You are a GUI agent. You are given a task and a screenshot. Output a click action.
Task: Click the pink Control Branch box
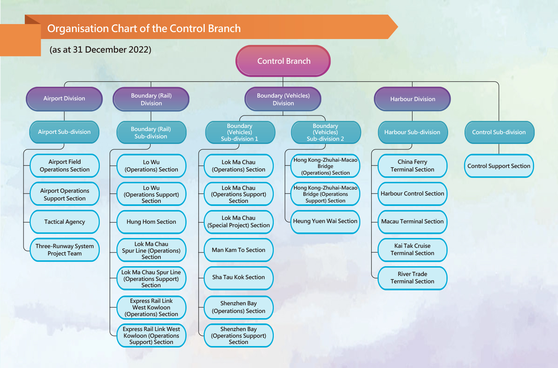pyautogui.click(x=283, y=61)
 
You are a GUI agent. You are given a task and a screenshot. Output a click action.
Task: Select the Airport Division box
pyautogui.click(x=64, y=99)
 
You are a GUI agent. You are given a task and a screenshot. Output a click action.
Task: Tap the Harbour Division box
pyautogui.click(x=412, y=99)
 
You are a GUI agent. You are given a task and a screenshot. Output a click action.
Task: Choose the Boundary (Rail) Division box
pyautogui.click(x=151, y=99)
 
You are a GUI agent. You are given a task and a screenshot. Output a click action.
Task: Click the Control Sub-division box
pyautogui.click(x=499, y=132)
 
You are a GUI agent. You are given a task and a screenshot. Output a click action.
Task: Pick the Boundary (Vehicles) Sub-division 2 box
pyautogui.click(x=326, y=132)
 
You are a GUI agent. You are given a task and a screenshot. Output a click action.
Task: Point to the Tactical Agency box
pyautogui.click(x=65, y=222)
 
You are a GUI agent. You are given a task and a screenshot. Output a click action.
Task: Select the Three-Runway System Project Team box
pyautogui.click(x=65, y=250)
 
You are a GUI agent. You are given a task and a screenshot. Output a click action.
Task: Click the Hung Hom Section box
pyautogui.click(x=151, y=222)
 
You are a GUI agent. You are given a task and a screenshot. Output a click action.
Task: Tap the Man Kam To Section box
pyautogui.click(x=239, y=250)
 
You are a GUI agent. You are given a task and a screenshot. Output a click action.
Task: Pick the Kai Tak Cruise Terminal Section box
pyautogui.click(x=412, y=250)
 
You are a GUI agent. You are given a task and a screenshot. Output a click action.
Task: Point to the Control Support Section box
pyautogui.click(x=499, y=166)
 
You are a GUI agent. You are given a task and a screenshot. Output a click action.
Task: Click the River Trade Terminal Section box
pyautogui.click(x=412, y=278)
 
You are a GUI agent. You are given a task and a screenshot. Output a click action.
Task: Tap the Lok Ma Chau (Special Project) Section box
pyautogui.click(x=239, y=222)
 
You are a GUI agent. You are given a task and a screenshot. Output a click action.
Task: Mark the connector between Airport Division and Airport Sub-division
pyautogui.click(x=64, y=116)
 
